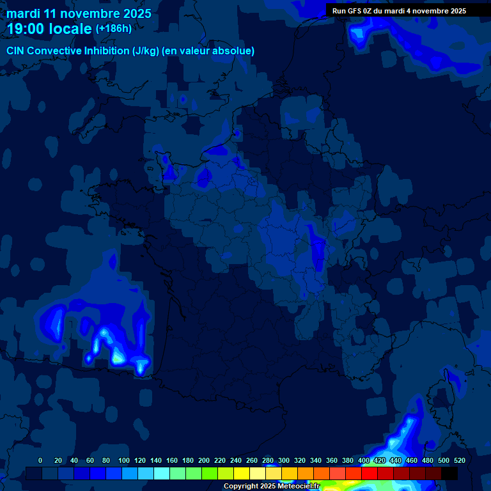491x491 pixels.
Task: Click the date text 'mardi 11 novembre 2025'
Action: [x=79, y=13]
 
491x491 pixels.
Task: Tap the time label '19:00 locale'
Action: [x=49, y=29]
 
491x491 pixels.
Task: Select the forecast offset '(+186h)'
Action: [x=114, y=29]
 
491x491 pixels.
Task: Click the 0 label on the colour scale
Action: [x=40, y=460]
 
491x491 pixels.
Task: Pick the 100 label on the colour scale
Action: [x=124, y=460]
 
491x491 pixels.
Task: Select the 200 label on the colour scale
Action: [x=204, y=460]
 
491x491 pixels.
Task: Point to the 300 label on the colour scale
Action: [x=284, y=460]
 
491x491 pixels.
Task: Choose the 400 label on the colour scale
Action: [x=364, y=460]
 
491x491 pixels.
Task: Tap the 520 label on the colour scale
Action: [x=460, y=460]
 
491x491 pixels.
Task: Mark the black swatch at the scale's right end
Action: [x=449, y=474]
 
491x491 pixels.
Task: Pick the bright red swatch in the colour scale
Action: [x=370, y=474]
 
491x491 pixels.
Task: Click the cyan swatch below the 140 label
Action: [x=162, y=474]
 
